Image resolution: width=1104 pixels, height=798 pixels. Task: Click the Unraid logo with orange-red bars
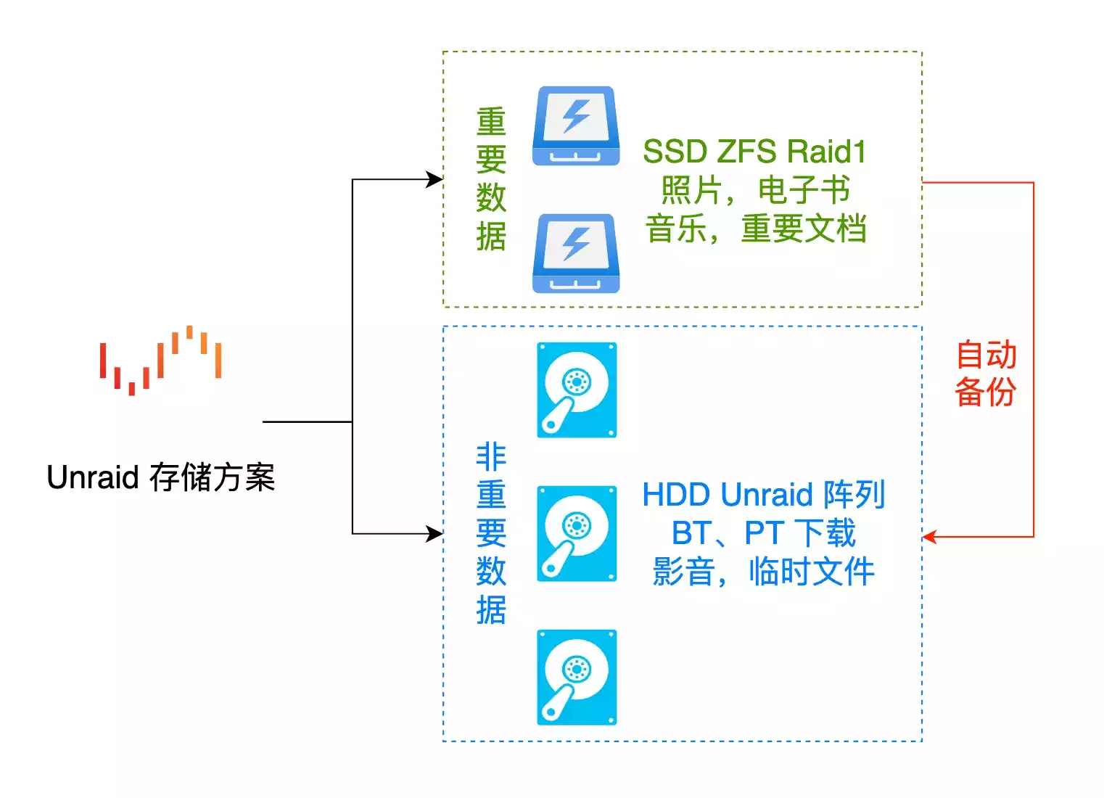click(160, 361)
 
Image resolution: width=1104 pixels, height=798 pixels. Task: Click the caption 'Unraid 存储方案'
click(160, 477)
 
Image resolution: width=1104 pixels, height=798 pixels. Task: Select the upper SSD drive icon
click(576, 126)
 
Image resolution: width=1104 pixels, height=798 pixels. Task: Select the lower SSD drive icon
click(576, 253)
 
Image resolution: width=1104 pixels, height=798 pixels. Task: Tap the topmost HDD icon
click(577, 390)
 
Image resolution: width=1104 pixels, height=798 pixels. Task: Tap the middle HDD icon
click(577, 533)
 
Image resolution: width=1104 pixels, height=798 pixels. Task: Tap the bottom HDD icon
click(577, 677)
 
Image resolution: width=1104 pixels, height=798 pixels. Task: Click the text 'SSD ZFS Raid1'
click(754, 152)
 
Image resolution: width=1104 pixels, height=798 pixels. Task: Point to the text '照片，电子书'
click(754, 190)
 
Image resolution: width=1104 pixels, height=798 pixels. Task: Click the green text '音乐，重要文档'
click(756, 229)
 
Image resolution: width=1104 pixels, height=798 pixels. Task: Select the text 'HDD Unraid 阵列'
click(763, 495)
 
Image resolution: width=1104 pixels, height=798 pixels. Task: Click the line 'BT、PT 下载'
click(763, 533)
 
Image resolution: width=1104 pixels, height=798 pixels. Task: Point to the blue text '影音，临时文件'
click(763, 572)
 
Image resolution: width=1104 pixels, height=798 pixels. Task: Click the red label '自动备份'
click(986, 374)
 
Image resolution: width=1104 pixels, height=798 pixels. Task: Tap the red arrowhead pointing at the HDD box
click(929, 537)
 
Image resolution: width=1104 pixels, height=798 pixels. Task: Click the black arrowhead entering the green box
click(435, 179)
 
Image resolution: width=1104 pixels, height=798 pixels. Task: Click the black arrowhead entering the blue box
click(435, 534)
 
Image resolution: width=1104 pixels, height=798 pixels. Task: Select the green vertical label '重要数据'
click(491, 179)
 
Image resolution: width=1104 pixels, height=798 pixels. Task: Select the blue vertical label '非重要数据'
click(491, 533)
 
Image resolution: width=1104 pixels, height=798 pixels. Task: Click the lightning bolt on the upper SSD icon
click(577, 116)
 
